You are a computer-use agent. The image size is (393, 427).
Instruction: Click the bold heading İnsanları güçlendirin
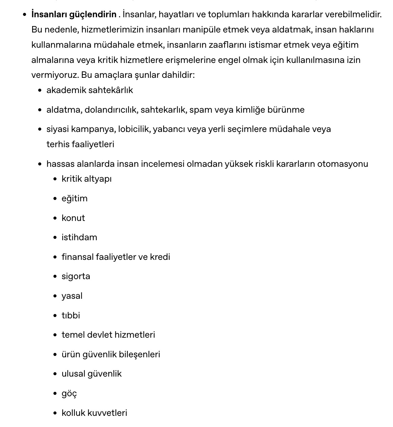click(x=74, y=15)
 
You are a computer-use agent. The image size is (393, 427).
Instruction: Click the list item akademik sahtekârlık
click(x=90, y=90)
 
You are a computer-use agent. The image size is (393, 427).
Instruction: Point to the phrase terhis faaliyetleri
click(x=80, y=144)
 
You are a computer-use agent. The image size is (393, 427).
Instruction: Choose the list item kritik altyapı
click(x=86, y=179)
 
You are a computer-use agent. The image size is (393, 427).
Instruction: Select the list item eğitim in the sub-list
click(x=74, y=199)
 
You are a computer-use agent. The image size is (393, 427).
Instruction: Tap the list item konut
click(x=73, y=218)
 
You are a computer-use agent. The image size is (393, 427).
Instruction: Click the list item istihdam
click(x=79, y=238)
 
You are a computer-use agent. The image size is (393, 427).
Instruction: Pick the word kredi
click(x=160, y=257)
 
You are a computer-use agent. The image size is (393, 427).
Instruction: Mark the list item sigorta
click(x=76, y=276)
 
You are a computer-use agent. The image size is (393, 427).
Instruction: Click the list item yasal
click(x=72, y=296)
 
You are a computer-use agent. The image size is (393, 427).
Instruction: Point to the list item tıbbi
click(x=71, y=316)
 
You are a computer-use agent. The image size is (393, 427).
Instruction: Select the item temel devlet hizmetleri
click(x=108, y=335)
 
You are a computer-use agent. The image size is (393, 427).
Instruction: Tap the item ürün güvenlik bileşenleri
click(x=111, y=355)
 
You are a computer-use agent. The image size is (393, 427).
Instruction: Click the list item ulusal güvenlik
click(x=91, y=374)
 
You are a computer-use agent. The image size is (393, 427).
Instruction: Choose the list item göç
click(x=69, y=394)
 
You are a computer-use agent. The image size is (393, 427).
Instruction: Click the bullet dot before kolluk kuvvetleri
click(x=55, y=413)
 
